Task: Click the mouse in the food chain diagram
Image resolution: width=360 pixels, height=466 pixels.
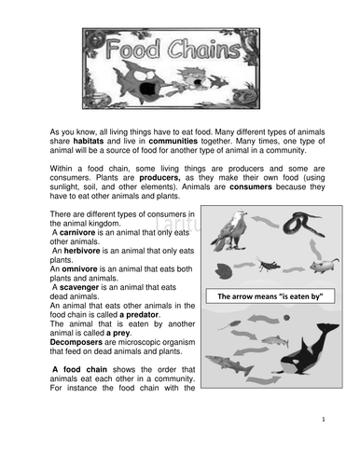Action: click(314, 270)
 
